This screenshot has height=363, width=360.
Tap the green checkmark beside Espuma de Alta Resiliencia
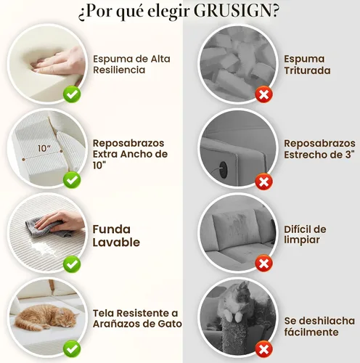coord(72,94)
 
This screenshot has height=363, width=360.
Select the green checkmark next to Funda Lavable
coord(72,264)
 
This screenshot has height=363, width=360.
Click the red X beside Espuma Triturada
coord(264,94)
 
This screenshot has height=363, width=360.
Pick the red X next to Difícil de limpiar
coord(264,263)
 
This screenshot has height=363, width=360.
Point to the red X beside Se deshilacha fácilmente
coord(264,349)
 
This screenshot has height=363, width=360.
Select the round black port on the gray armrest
coord(222,167)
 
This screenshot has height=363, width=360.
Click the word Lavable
coord(116,242)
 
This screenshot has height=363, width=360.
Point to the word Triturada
coord(307,70)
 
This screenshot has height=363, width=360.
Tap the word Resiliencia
coord(119,70)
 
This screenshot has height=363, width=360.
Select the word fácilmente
coord(311,332)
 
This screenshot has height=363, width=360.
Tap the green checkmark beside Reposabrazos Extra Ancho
coord(72,180)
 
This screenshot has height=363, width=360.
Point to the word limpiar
coord(302,240)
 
